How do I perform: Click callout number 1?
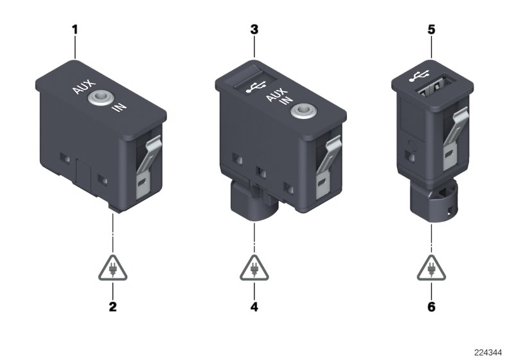75,30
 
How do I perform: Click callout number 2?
112,306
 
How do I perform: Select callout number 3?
254,30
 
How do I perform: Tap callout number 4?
254,306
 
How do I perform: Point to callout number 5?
431,30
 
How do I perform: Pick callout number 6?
431,306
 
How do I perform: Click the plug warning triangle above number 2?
112,268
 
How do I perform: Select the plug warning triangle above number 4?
254,268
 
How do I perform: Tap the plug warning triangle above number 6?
431,268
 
